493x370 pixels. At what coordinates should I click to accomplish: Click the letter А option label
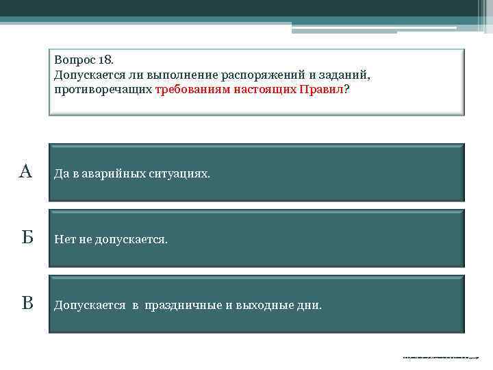25,171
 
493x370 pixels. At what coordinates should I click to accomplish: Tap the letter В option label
27,303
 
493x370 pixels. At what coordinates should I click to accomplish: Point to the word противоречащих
103,89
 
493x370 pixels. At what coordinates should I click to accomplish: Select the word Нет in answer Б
64,240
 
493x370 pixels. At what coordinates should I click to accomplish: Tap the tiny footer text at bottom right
441,357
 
